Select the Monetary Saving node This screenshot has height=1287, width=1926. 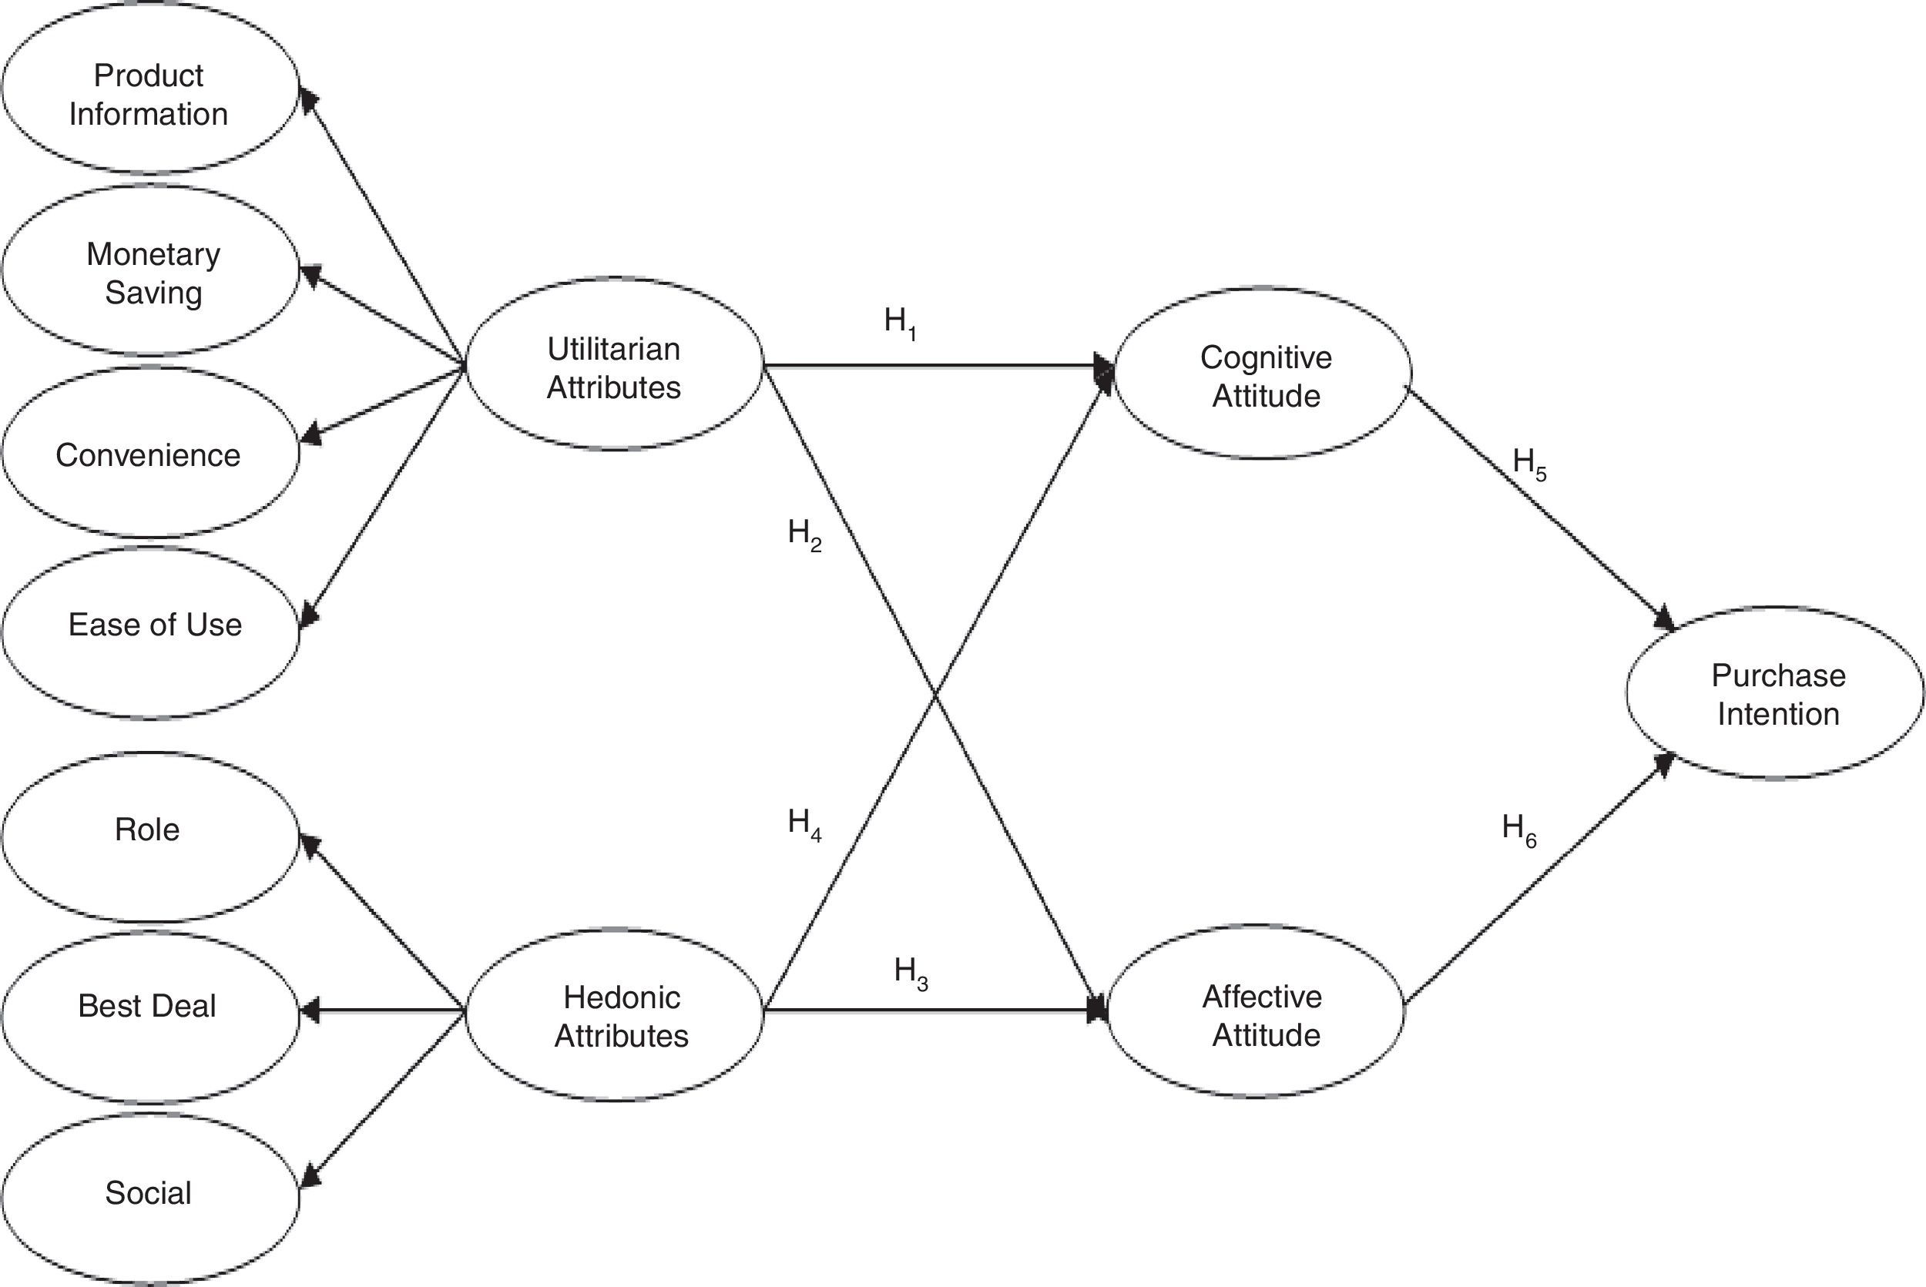[151, 273]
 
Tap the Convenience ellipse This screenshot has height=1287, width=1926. [149, 454]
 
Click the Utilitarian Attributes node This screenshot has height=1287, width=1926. [614, 367]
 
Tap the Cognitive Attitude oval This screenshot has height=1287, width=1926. [1264, 376]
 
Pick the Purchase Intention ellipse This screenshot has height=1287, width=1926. [1777, 695]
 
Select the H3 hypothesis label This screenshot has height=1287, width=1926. [911, 973]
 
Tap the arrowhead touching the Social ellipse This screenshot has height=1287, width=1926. [310, 1177]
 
